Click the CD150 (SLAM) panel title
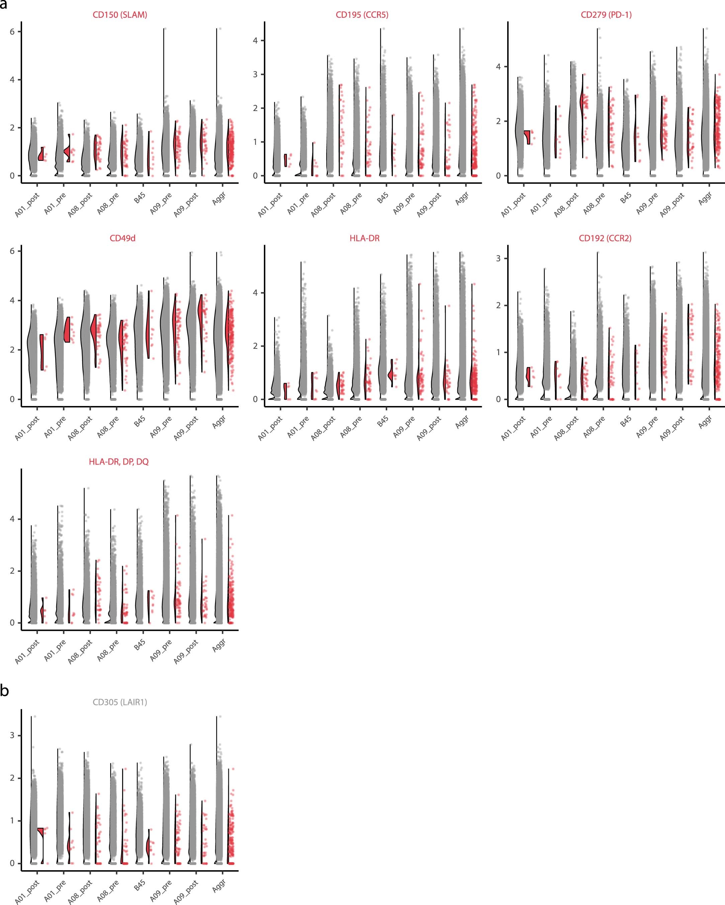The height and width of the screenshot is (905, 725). coord(120,15)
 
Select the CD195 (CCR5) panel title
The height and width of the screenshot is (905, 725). coord(362,15)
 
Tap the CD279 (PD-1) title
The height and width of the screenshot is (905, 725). coord(606,15)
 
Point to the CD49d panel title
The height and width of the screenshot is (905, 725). coord(122,238)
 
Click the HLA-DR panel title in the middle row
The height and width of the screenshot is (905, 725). coord(364,238)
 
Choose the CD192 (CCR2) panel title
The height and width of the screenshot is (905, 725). coord(605,238)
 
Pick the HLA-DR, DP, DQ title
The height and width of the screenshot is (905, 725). coord(118,462)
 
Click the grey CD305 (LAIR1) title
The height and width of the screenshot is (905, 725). coord(120,702)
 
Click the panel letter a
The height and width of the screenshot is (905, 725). coord(4,5)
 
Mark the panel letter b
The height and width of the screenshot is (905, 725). coord(5,691)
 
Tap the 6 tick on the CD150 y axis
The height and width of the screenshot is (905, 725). coord(13,31)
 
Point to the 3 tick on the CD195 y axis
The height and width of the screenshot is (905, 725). coord(256,74)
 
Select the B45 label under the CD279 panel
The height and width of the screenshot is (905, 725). coord(626,199)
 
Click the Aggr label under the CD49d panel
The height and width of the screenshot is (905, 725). coord(219,421)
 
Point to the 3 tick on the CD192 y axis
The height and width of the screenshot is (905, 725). coord(498,258)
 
